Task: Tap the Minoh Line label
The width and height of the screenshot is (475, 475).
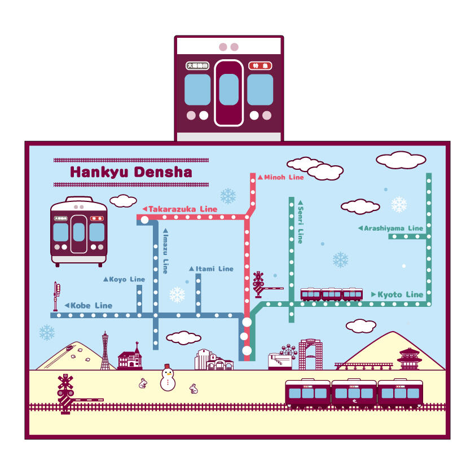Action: (x=283, y=177)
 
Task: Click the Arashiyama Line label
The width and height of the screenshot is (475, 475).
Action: (x=393, y=228)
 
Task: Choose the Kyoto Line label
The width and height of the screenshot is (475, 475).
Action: (x=399, y=294)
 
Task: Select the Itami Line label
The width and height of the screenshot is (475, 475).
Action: (x=214, y=269)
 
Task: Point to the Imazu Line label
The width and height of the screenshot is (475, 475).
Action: (x=165, y=252)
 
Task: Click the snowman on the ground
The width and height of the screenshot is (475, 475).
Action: (x=168, y=377)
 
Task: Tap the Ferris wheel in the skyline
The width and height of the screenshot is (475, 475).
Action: (x=288, y=353)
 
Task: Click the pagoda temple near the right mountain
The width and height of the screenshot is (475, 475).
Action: (x=410, y=359)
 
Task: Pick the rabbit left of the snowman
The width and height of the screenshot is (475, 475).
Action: (x=143, y=384)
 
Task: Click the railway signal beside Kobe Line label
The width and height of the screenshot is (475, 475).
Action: (x=56, y=296)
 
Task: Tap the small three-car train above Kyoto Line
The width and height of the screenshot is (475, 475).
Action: (x=331, y=294)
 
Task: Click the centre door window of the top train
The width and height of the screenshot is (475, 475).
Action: (x=228, y=90)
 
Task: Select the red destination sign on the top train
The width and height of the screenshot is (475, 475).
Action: (x=260, y=65)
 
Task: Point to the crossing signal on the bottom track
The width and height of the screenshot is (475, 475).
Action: (x=66, y=391)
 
